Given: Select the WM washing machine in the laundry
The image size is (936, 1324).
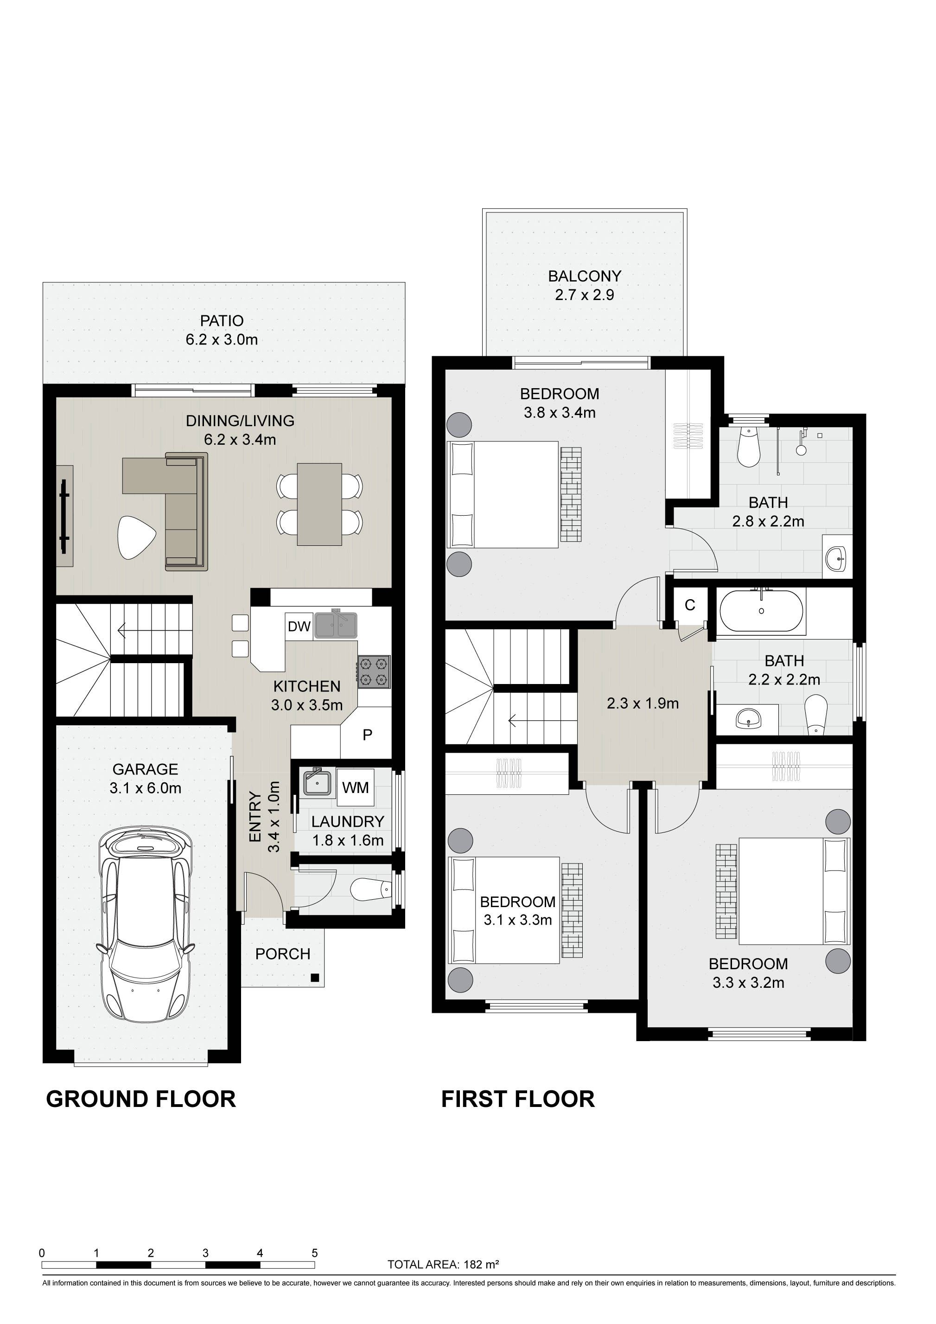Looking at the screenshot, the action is click(355, 787).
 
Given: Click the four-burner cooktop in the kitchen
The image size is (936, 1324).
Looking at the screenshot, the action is click(374, 672).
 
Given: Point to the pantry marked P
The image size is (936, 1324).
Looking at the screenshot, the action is click(367, 735).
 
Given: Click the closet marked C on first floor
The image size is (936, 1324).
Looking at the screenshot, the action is click(690, 605).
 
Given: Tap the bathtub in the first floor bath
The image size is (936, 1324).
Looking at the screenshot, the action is click(761, 611).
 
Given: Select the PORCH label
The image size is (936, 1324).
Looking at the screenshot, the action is click(283, 954).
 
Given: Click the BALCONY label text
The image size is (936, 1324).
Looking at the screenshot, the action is click(585, 276).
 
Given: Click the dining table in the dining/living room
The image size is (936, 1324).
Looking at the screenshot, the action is click(319, 504).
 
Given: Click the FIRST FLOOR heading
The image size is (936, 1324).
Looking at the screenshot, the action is click(517, 1099).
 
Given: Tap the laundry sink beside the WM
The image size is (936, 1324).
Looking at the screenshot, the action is click(317, 782).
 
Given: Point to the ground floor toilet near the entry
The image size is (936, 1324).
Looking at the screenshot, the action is click(372, 890).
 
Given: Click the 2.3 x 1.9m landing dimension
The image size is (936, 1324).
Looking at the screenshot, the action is click(643, 704).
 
